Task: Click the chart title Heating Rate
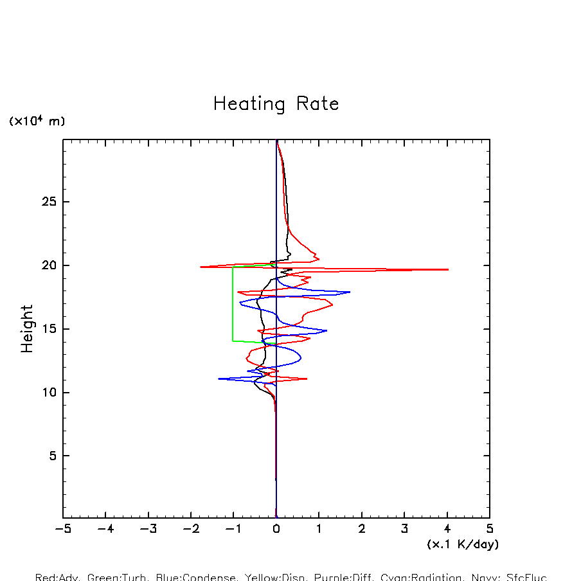[x=276, y=104]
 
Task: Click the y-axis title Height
[x=27, y=328]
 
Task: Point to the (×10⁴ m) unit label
[x=37, y=121]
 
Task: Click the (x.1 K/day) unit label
[x=463, y=544]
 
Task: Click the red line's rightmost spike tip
[x=448, y=269]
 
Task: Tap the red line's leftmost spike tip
[x=201, y=267]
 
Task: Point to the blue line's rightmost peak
[x=350, y=292]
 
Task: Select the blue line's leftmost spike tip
[x=219, y=379]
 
